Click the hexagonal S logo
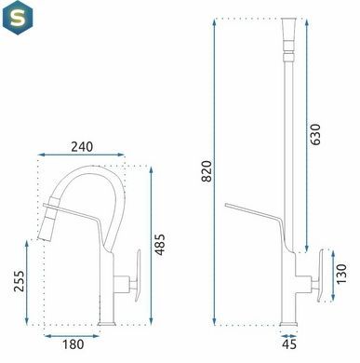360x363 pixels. tap(18, 18)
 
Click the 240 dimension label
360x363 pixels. tap(82, 146)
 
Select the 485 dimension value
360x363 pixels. tap(160, 245)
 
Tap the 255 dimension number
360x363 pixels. tap(19, 281)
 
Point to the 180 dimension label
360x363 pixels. tap(73, 344)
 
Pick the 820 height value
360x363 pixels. tap(207, 171)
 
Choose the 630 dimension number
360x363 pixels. tap(315, 134)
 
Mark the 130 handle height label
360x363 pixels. tap(340, 274)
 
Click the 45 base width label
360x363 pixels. tap(289, 344)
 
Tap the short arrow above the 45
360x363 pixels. tap(288, 336)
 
